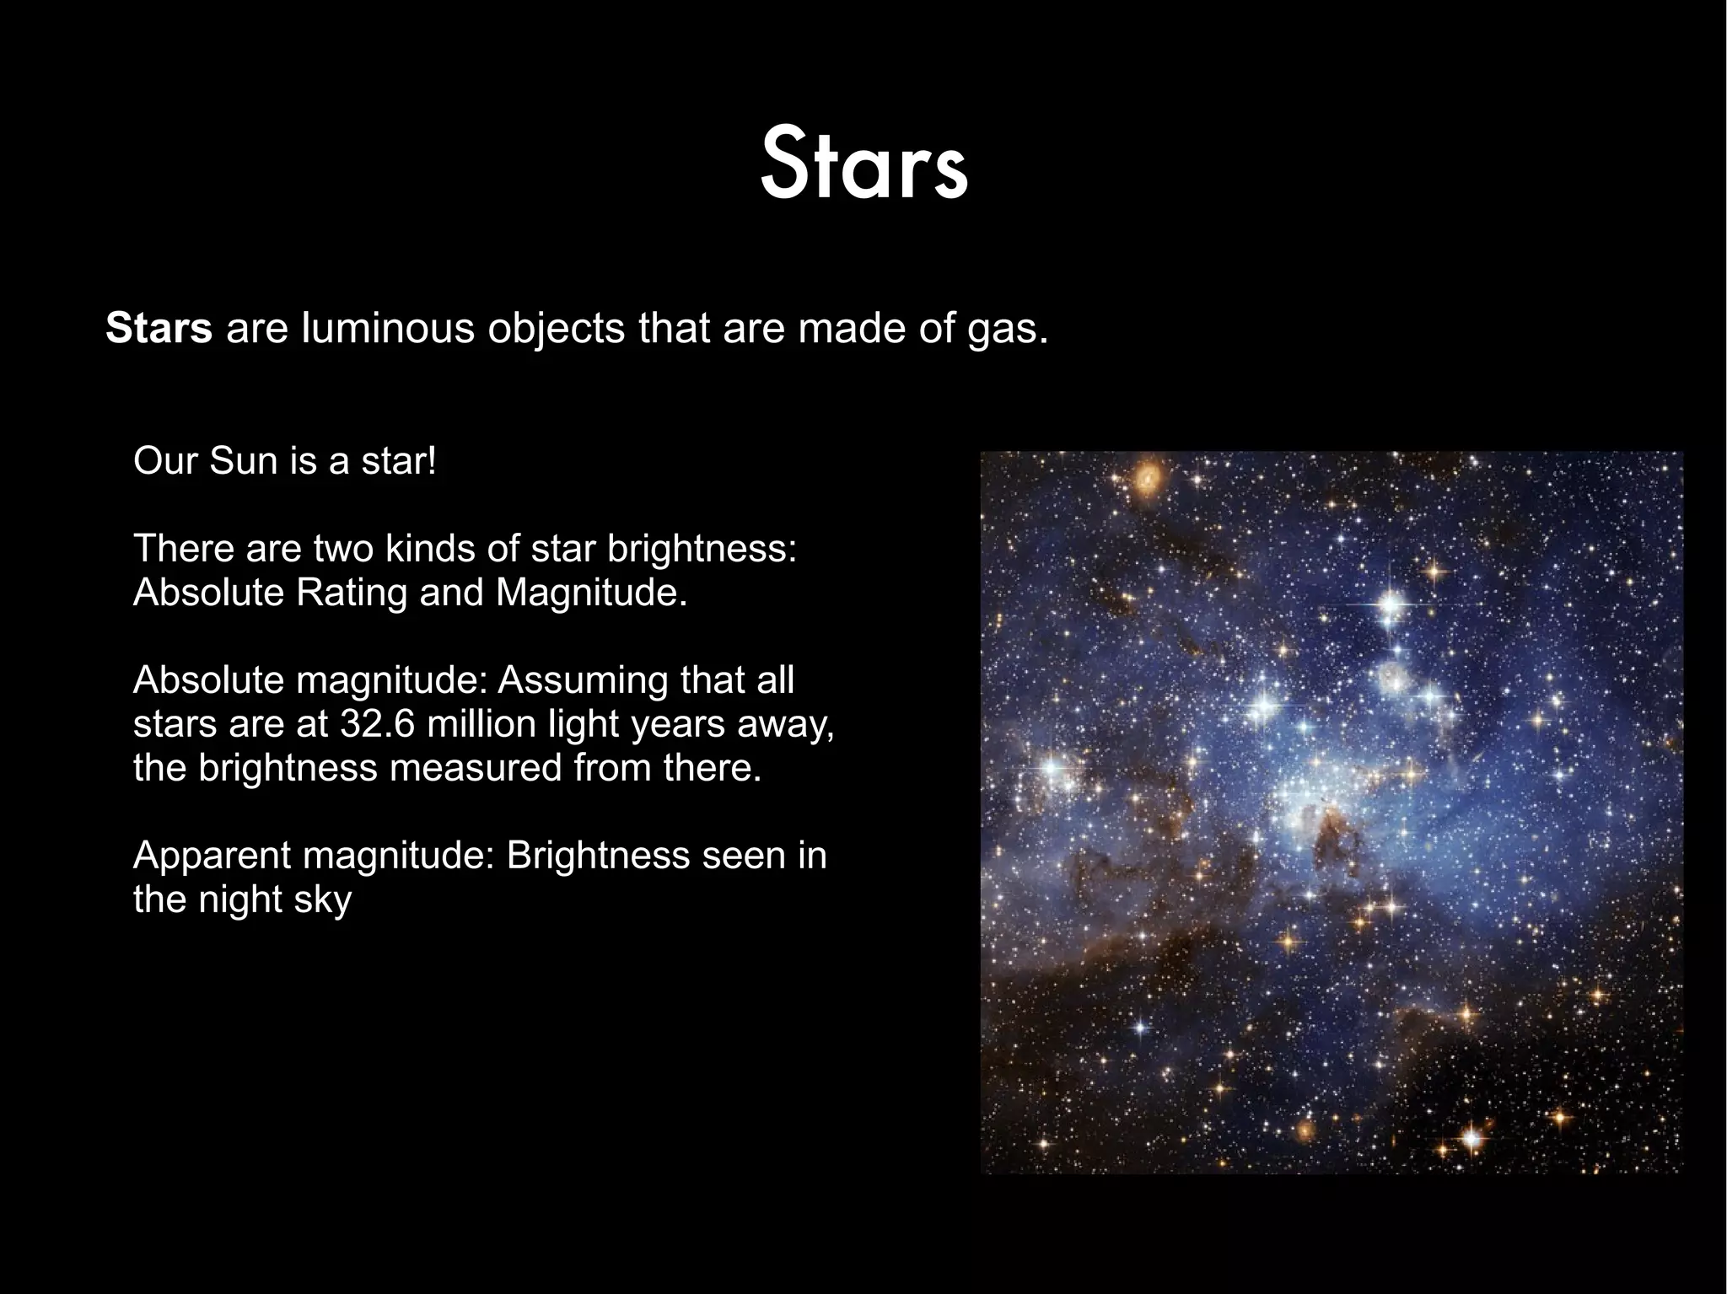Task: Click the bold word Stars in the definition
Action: coord(159,329)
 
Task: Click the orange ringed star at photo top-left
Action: coord(1147,481)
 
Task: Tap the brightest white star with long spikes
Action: coord(1391,604)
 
